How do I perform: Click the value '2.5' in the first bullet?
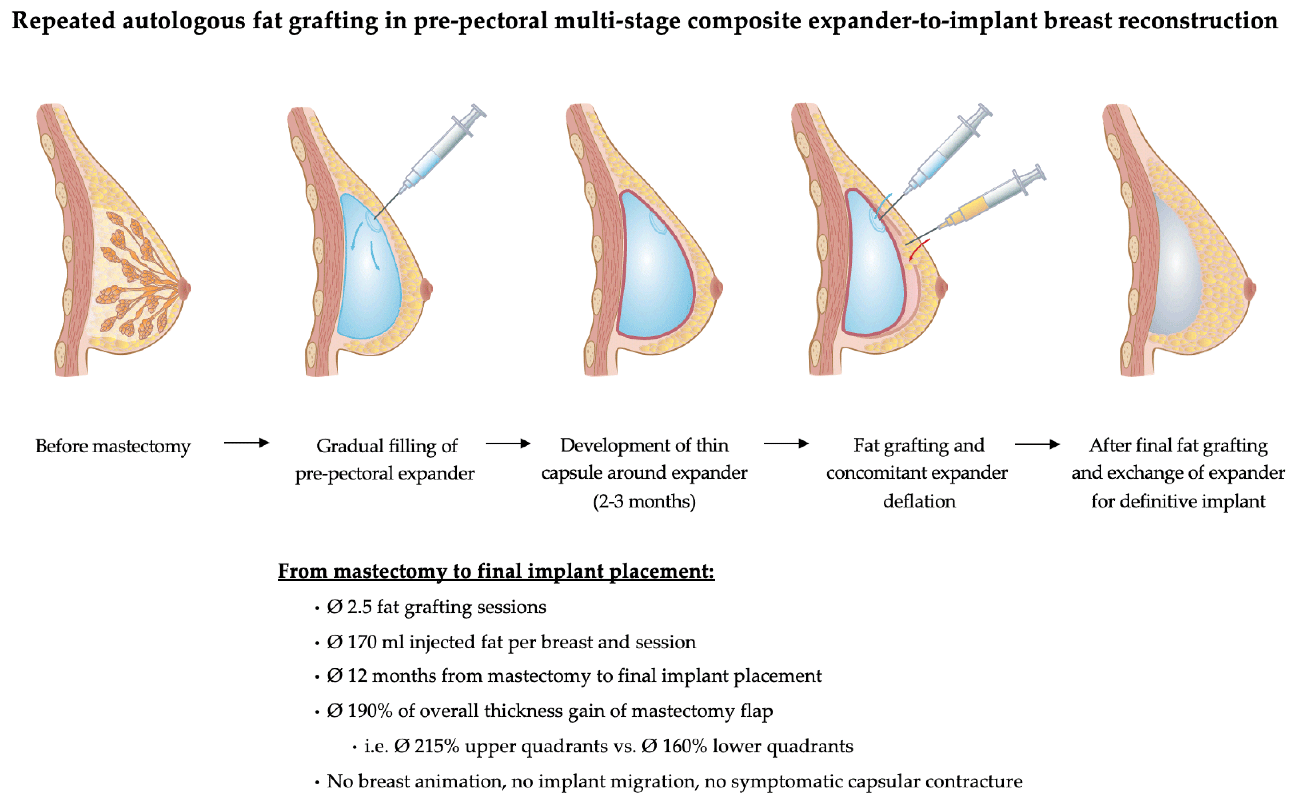point(359,607)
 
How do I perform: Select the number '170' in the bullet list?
point(362,642)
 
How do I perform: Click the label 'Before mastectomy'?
point(113,446)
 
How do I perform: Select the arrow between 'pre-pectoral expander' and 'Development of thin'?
point(508,443)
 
